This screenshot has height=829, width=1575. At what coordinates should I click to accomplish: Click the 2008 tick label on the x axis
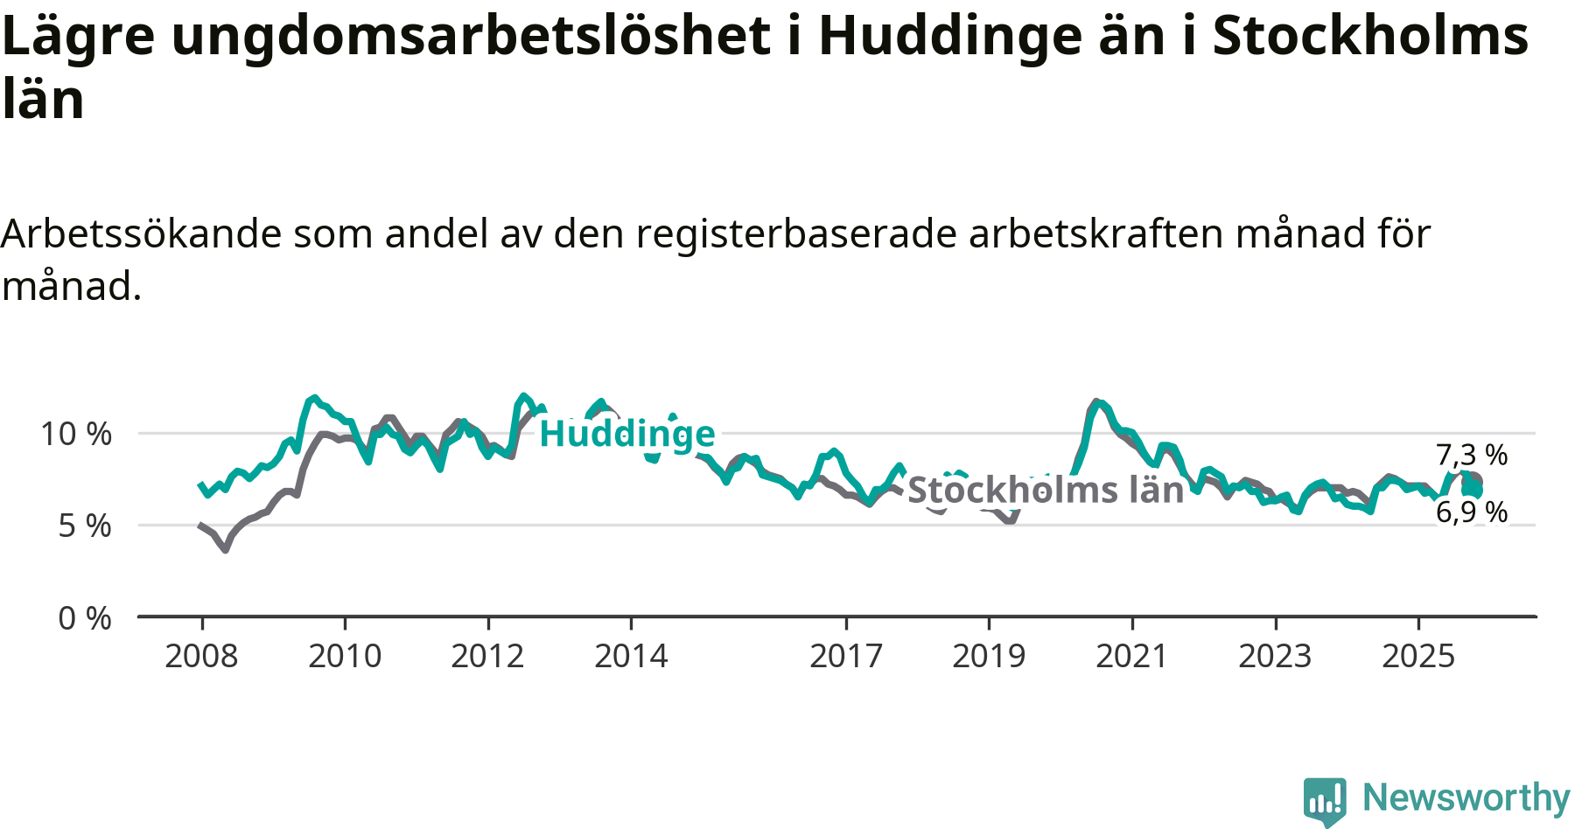(x=201, y=656)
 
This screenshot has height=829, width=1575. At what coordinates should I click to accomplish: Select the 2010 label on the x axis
(x=345, y=656)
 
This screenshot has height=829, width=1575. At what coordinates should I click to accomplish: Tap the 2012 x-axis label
(x=487, y=656)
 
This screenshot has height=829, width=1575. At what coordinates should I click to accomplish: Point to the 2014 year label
(x=631, y=656)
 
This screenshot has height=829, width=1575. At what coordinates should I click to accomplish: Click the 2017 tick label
(x=846, y=656)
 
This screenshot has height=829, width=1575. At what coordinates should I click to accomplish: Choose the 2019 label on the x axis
(x=989, y=656)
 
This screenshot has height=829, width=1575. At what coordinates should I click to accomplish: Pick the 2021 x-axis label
(x=1132, y=656)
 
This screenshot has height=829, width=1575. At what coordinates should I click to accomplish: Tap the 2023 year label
(x=1275, y=656)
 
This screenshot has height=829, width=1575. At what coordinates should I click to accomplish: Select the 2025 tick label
(x=1418, y=656)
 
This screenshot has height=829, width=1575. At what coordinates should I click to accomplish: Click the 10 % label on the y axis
(x=76, y=434)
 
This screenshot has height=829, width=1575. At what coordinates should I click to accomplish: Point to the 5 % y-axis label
(x=85, y=526)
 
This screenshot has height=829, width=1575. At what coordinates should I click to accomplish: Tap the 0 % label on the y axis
(x=85, y=619)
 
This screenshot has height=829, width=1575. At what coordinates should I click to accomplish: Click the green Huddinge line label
(x=627, y=434)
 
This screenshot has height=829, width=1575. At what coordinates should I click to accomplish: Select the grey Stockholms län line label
(x=1046, y=491)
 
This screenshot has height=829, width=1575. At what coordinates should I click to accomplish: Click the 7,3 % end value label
(x=1472, y=455)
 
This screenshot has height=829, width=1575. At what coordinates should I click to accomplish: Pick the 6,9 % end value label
(x=1472, y=512)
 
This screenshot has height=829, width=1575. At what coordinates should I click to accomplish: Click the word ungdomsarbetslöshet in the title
(x=471, y=37)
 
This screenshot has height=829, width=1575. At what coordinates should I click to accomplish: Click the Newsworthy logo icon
(x=1325, y=800)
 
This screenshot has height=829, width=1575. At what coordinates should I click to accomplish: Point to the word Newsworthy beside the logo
(x=1466, y=798)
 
